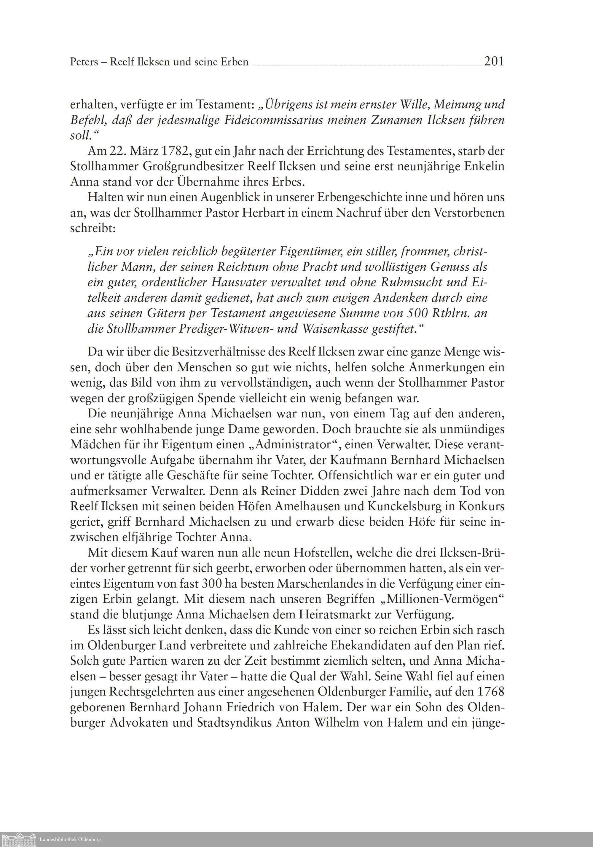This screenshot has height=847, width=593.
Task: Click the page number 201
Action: click(x=494, y=61)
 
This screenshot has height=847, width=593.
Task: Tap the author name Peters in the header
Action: click(x=84, y=62)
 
